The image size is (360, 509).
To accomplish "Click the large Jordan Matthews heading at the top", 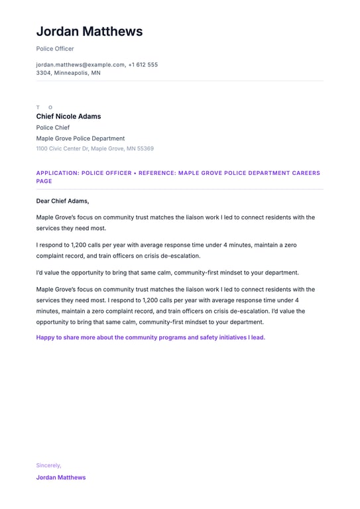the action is pyautogui.click(x=89, y=31).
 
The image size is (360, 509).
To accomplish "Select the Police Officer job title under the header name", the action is pyautogui.click(x=55, y=48).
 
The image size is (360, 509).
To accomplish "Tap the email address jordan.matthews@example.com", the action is pyautogui.click(x=80, y=65).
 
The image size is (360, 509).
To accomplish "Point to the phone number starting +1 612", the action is pyautogui.click(x=143, y=65).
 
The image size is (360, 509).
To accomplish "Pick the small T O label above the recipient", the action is pyautogui.click(x=44, y=107).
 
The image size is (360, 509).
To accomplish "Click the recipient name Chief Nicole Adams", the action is pyautogui.click(x=68, y=117).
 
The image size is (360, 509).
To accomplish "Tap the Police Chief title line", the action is pyautogui.click(x=53, y=127).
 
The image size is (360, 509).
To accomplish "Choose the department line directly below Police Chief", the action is pyautogui.click(x=80, y=139).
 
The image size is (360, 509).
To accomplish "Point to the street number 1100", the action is pyautogui.click(x=42, y=148).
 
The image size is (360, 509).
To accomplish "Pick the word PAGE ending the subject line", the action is pyautogui.click(x=44, y=181).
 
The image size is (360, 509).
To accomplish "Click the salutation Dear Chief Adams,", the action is pyautogui.click(x=62, y=201).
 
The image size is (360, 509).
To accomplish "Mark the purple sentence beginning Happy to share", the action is pyautogui.click(x=150, y=337).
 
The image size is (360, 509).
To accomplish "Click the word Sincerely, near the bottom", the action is pyautogui.click(x=48, y=465).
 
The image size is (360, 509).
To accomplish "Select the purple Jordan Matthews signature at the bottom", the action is pyautogui.click(x=61, y=477).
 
